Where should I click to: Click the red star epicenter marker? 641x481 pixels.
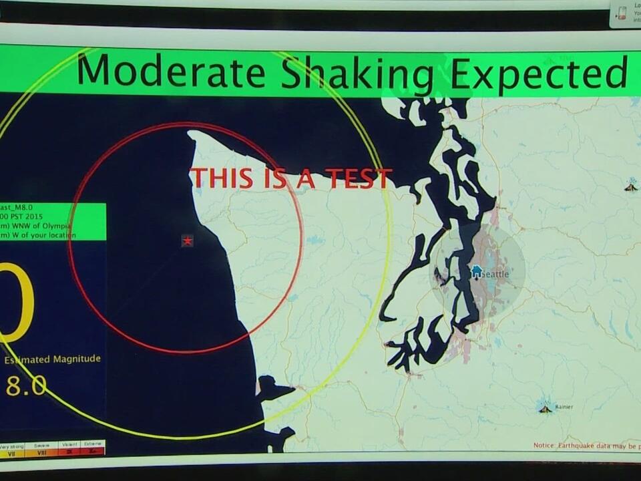188,240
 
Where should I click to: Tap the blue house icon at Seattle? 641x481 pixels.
477,271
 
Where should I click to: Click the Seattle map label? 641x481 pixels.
495,274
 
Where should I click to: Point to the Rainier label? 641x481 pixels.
564,406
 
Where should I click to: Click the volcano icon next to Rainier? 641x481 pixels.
546,407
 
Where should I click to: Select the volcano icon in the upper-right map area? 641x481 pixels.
631,186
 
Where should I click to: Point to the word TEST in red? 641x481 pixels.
359,178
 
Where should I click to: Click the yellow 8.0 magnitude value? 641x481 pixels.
26,385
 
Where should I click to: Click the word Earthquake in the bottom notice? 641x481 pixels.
580,445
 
